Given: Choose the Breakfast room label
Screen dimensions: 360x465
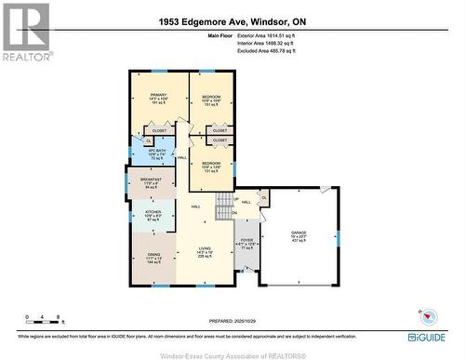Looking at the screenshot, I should [x=151, y=182].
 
